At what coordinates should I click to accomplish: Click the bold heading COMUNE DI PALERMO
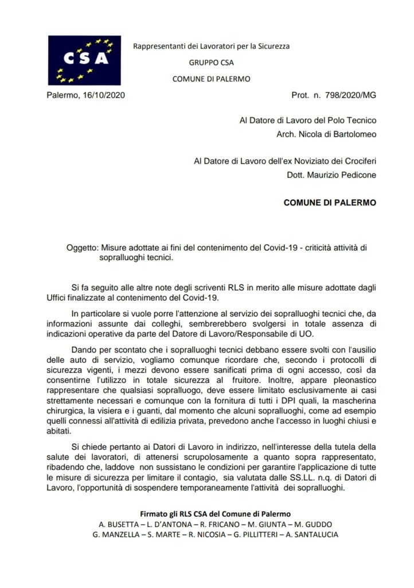(x=330, y=203)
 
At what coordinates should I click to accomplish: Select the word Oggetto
(x=83, y=247)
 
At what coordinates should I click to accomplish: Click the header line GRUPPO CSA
(x=211, y=63)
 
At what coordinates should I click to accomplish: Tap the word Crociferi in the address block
(x=356, y=162)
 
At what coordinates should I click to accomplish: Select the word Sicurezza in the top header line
(x=271, y=46)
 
